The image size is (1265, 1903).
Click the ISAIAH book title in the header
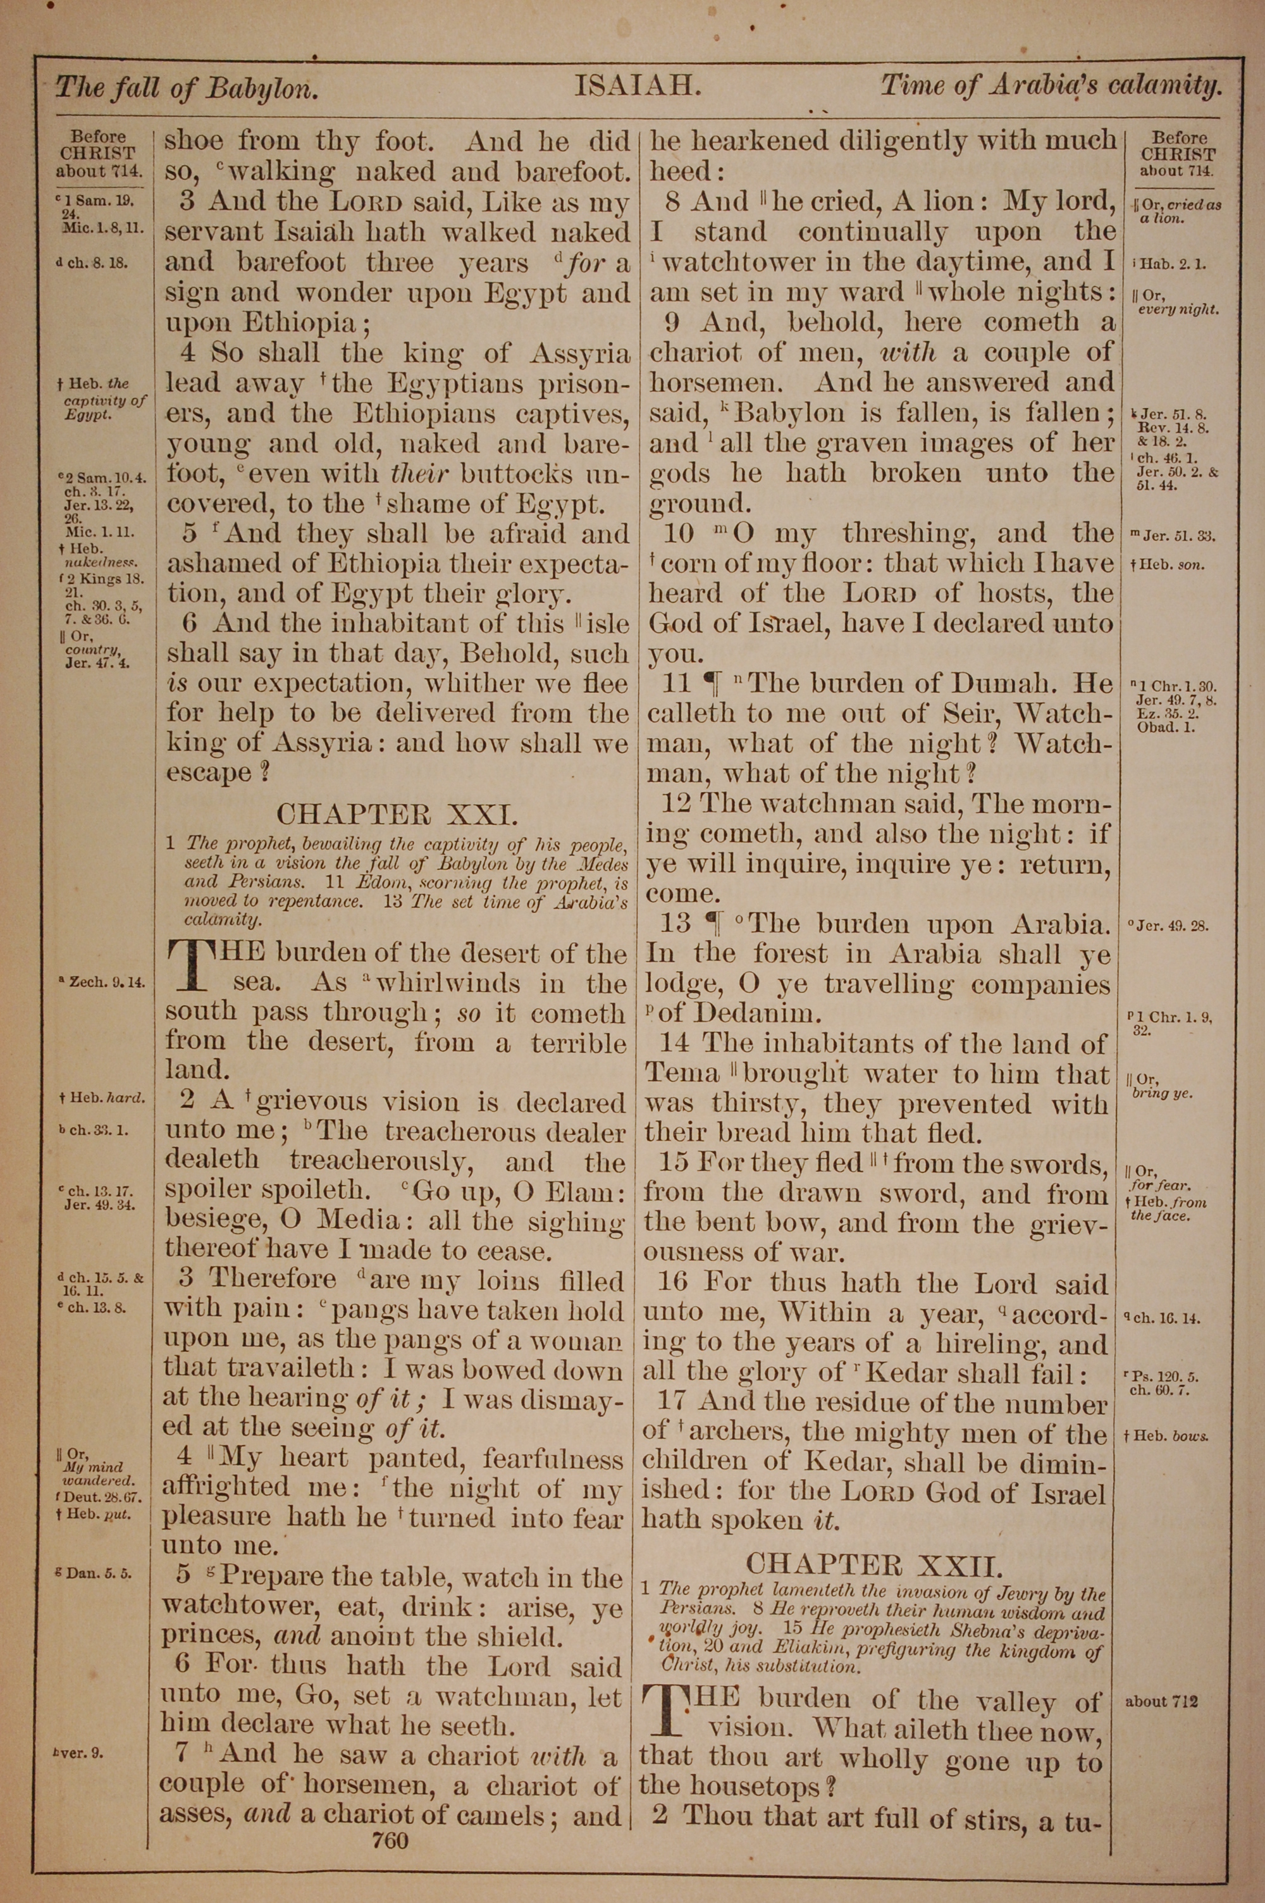click(636, 85)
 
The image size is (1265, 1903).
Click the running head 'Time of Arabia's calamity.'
click(1051, 85)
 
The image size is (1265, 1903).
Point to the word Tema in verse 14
click(682, 1074)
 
